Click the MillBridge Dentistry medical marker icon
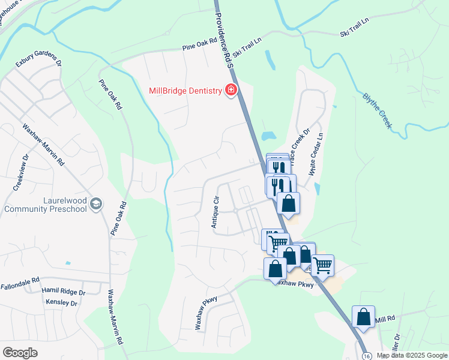(x=231, y=91)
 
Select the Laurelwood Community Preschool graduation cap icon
(x=96, y=205)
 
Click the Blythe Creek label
(x=377, y=110)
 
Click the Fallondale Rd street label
(x=19, y=280)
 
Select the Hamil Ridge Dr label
(x=64, y=291)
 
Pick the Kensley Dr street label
(x=61, y=304)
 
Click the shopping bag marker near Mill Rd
(x=363, y=317)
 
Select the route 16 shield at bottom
(x=366, y=355)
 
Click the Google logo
(x=20, y=353)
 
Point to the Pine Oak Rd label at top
(x=199, y=49)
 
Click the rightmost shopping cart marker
(x=323, y=264)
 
